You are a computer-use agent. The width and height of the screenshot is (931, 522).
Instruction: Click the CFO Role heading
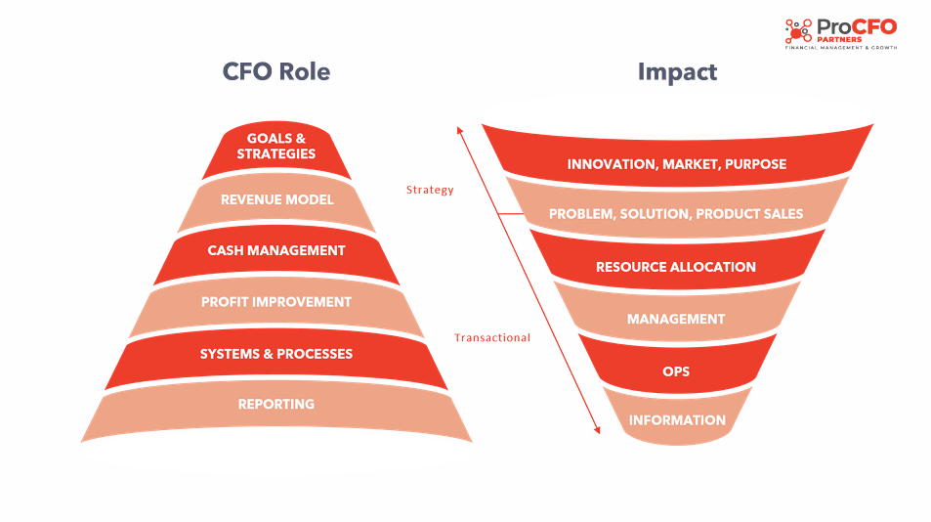pos(276,71)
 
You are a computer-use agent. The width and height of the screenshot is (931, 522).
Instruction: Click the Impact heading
pos(677,72)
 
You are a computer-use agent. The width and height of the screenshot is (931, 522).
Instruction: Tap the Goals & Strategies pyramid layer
pos(276,149)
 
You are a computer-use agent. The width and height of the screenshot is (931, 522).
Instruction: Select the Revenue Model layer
pos(276,200)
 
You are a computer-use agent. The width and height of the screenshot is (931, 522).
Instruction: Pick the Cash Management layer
pos(276,252)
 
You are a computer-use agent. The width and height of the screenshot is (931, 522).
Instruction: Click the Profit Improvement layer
pos(276,303)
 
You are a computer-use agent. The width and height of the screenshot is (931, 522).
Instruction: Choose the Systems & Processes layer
pos(276,355)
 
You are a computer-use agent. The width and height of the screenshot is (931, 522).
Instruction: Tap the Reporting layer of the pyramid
pos(276,408)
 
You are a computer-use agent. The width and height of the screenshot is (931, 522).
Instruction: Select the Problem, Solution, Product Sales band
pos(677,211)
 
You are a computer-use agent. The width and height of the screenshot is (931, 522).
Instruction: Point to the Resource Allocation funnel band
pos(677,263)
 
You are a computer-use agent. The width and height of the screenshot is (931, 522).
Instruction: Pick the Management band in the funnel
pos(677,316)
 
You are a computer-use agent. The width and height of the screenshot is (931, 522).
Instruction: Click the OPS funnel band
pos(677,368)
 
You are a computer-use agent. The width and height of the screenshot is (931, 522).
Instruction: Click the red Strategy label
pos(430,190)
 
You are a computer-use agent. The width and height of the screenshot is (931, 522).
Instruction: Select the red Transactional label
pos(492,337)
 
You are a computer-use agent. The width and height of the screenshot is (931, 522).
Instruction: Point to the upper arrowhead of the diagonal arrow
pos(459,129)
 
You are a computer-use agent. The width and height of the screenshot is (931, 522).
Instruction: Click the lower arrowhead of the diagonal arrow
pos(597,430)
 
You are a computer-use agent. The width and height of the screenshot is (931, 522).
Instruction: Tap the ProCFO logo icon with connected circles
pos(798,31)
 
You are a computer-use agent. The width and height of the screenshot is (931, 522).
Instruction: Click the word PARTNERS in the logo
pos(839,39)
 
